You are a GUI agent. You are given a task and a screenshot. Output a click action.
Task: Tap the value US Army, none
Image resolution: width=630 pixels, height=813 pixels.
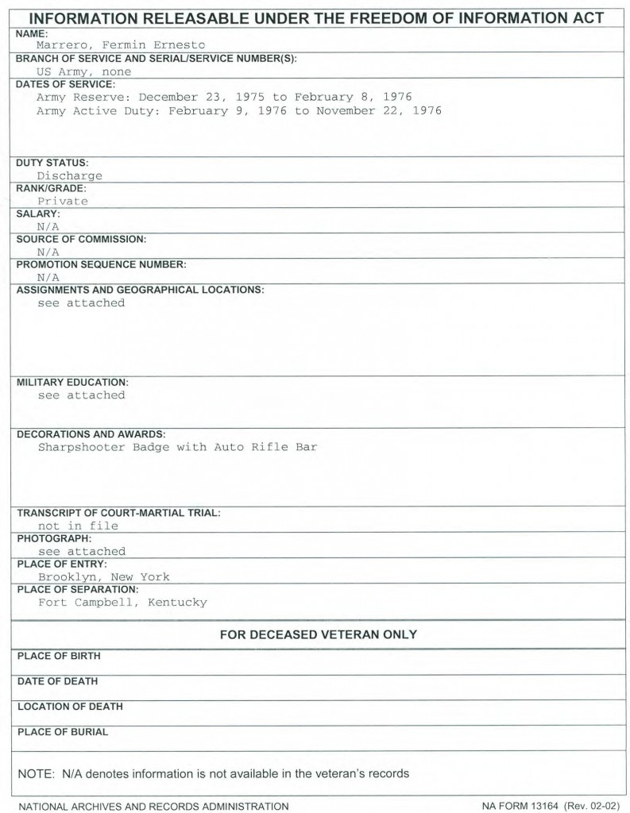84,71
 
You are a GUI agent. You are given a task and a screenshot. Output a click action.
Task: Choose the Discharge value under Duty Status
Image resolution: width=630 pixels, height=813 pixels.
70,175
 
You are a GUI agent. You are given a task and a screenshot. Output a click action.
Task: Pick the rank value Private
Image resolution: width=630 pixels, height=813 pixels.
63,201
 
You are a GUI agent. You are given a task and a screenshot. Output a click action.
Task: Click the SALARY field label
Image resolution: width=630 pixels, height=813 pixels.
38,214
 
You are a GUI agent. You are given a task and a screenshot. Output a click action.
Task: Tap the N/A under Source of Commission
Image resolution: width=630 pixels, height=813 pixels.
48,252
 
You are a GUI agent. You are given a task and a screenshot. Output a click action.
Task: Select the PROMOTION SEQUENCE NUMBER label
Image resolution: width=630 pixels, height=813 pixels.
101,264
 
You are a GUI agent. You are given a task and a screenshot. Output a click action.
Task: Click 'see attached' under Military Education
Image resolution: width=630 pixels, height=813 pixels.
81,395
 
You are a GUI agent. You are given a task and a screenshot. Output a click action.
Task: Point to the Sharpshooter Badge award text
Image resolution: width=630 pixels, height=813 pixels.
177,447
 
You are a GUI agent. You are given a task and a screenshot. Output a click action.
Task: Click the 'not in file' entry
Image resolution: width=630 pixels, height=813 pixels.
78,526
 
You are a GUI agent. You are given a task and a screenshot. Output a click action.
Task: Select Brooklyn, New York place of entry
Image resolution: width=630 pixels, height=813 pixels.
103,577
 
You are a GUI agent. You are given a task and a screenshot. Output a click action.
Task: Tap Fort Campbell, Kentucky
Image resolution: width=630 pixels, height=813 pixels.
122,603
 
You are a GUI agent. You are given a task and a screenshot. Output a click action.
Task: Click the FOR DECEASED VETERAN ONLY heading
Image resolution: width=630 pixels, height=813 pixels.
318,634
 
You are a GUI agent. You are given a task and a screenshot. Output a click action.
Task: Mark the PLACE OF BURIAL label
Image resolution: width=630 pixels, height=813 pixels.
62,732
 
